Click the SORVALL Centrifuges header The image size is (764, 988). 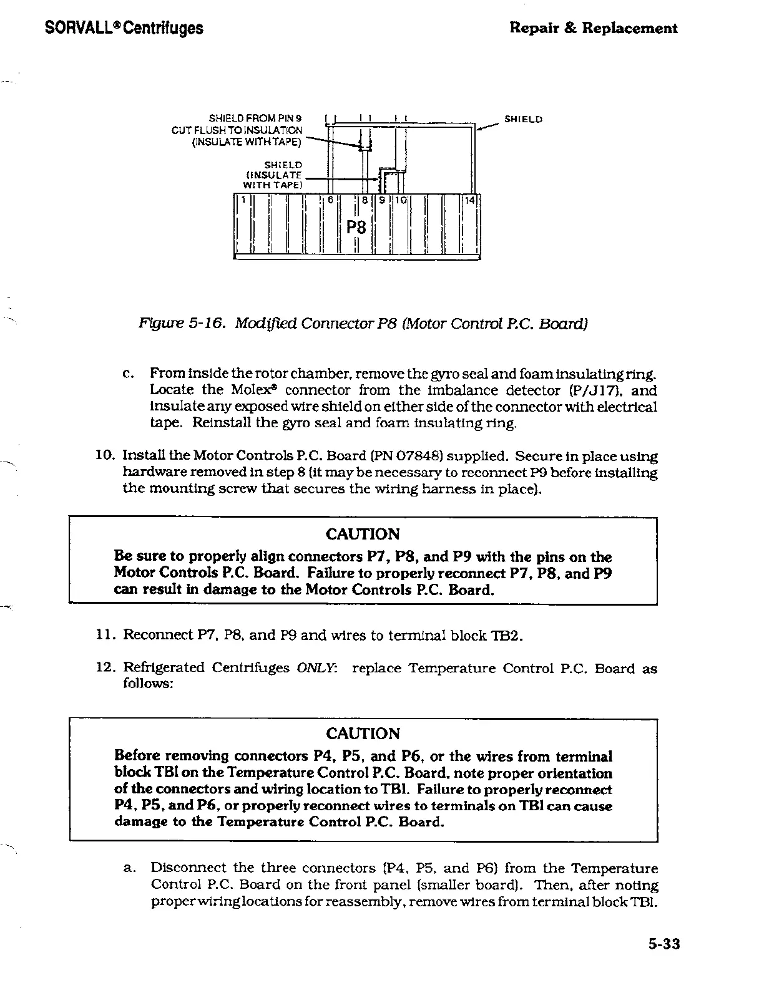click(x=124, y=28)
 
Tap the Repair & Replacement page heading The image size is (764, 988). click(x=593, y=28)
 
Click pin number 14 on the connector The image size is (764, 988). click(x=469, y=200)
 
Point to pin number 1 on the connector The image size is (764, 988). click(x=245, y=200)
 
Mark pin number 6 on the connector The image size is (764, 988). click(x=330, y=200)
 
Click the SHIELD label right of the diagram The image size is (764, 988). click(x=523, y=119)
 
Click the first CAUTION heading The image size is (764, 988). click(x=363, y=535)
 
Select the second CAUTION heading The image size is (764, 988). click(x=363, y=734)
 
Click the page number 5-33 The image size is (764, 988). click(x=663, y=944)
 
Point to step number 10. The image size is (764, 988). click(x=104, y=457)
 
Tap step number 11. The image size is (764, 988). click(x=104, y=636)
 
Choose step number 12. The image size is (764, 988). click(x=104, y=669)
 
